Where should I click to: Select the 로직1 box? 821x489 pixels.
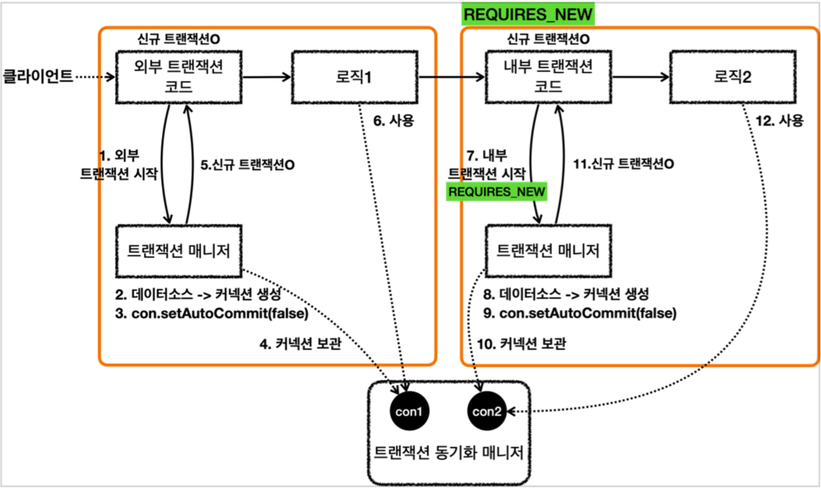(x=354, y=77)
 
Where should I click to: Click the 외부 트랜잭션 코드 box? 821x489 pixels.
(x=178, y=77)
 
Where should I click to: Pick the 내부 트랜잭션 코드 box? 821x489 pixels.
(x=548, y=77)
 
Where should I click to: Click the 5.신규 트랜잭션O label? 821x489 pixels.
(x=247, y=164)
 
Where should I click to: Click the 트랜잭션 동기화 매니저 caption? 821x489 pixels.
(x=449, y=452)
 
